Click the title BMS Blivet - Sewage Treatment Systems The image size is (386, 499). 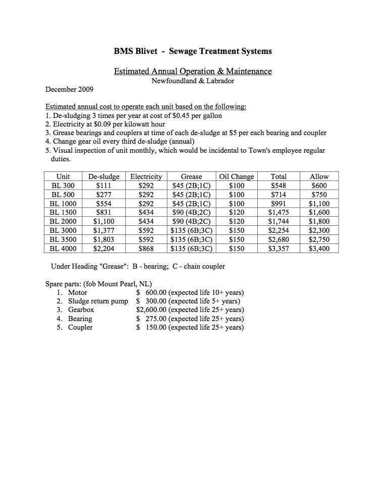193,51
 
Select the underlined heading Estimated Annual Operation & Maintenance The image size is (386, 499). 193,71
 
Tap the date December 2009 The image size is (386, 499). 69,89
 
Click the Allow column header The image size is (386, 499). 319,176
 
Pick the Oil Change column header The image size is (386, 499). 236,176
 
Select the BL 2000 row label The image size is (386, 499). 63,221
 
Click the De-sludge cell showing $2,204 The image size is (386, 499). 104,248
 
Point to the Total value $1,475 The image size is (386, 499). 279,212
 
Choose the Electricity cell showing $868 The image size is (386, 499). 146,248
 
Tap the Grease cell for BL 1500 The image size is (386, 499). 191,212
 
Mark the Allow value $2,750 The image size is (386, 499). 319,239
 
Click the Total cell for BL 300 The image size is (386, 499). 279,185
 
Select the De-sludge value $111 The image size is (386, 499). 104,185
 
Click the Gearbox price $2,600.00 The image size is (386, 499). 151,309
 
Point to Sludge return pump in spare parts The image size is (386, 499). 98,301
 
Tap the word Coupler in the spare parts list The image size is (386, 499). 81,327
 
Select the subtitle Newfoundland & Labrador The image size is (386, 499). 193,81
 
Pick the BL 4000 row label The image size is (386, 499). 63,248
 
